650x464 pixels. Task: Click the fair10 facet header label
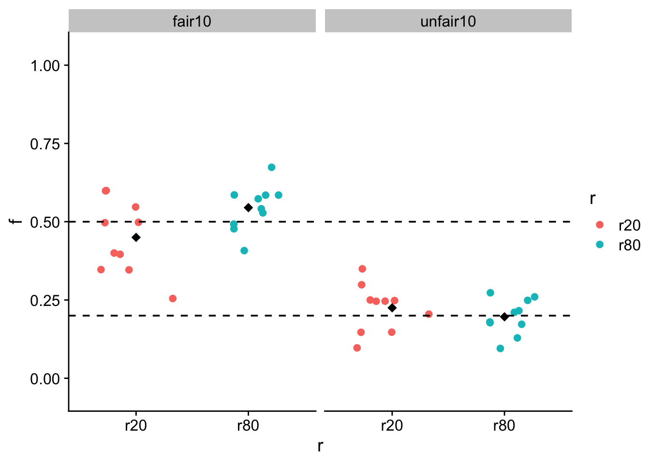pos(192,21)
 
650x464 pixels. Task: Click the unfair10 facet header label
pos(448,21)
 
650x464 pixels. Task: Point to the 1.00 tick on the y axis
pos(45,66)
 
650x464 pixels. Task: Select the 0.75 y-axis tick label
pos(45,144)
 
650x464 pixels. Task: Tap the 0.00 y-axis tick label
pos(45,379)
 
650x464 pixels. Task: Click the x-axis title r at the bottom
pos(320,446)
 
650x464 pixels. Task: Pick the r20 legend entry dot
pos(600,225)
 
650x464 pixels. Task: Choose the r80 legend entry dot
pos(600,245)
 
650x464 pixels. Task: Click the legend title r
pos(592,199)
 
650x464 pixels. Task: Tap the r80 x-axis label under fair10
pos(248,426)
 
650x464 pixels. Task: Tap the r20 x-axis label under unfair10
pos(392,426)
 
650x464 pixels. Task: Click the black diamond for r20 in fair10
pos(136,237)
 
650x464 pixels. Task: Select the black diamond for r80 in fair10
pos(249,208)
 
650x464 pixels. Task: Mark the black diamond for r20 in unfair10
pos(392,308)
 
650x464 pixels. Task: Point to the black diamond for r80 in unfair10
pos(504,317)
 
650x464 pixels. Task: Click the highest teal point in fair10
pos(271,167)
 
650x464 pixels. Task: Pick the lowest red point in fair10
pos(173,299)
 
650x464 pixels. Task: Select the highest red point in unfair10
pos(362,269)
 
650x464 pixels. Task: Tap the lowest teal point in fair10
pos(244,251)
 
